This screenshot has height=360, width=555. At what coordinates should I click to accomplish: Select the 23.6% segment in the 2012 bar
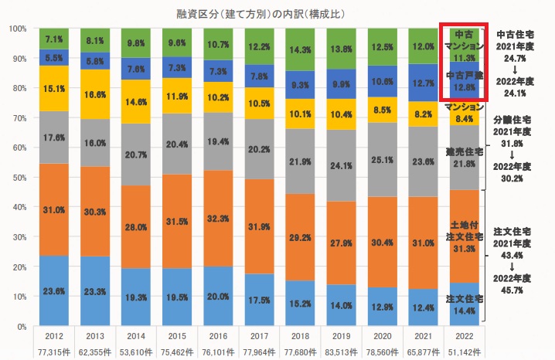pos(54,291)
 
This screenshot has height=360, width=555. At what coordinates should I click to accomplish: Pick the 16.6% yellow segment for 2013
pos(96,94)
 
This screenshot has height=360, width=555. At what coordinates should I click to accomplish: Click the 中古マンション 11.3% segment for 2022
pos(465,46)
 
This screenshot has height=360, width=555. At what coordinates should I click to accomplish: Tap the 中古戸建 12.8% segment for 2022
pos(465,81)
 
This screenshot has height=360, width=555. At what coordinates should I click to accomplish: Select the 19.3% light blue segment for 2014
pos(137,297)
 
